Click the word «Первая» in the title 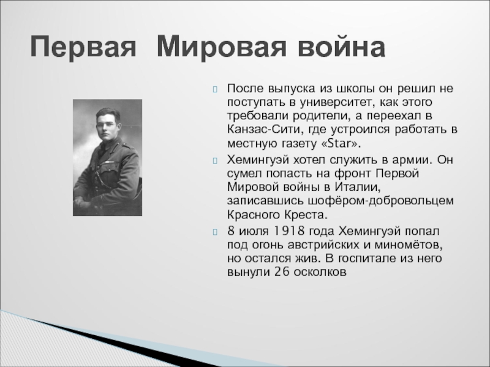pos(83,47)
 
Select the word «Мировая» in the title pos(221,46)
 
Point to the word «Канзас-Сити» pos(265,129)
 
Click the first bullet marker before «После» pos(215,89)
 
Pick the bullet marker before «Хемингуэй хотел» pos(215,161)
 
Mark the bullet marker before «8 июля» pos(215,232)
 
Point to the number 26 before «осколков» pos(282,272)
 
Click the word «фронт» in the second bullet pos(353,174)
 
